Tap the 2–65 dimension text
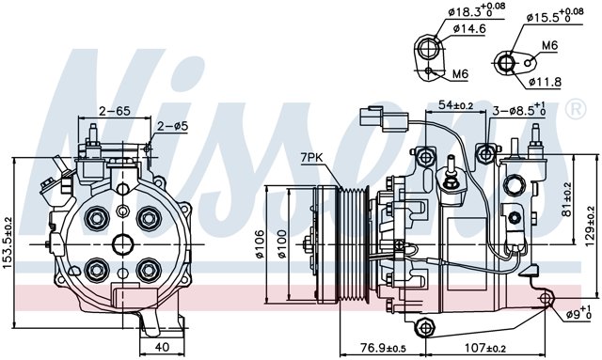[x=115, y=110]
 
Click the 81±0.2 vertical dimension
[x=566, y=198]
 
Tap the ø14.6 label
[x=469, y=30]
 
